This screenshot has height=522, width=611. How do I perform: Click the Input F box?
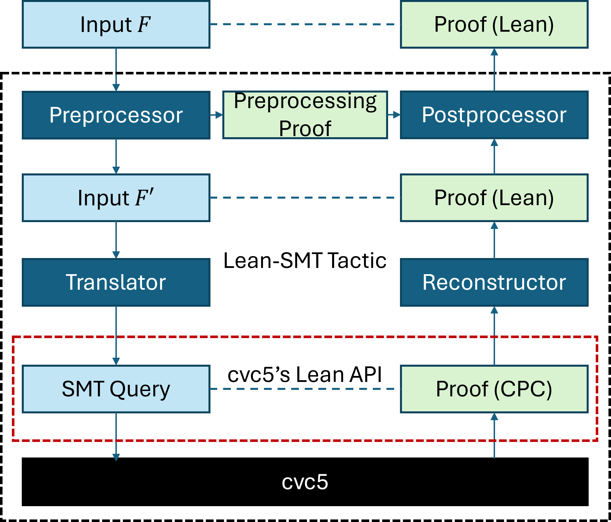click(116, 24)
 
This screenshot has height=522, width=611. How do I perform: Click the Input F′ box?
click(116, 197)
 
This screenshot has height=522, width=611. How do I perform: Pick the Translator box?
click(116, 282)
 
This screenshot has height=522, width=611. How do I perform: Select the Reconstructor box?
click(494, 282)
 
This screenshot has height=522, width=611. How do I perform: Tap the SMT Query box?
click(116, 389)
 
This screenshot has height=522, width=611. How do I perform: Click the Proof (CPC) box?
click(494, 389)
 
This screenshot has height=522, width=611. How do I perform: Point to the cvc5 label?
click(305, 482)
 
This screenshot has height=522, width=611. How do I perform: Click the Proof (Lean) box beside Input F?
click(494, 24)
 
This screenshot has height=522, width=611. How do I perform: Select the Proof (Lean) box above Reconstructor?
click(494, 197)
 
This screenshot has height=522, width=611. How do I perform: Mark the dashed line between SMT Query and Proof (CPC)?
click(305, 389)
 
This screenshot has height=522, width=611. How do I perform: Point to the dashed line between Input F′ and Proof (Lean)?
click(305, 197)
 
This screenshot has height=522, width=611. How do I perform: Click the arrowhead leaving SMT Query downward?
click(116, 457)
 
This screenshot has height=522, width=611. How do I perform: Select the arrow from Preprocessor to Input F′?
click(116, 156)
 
